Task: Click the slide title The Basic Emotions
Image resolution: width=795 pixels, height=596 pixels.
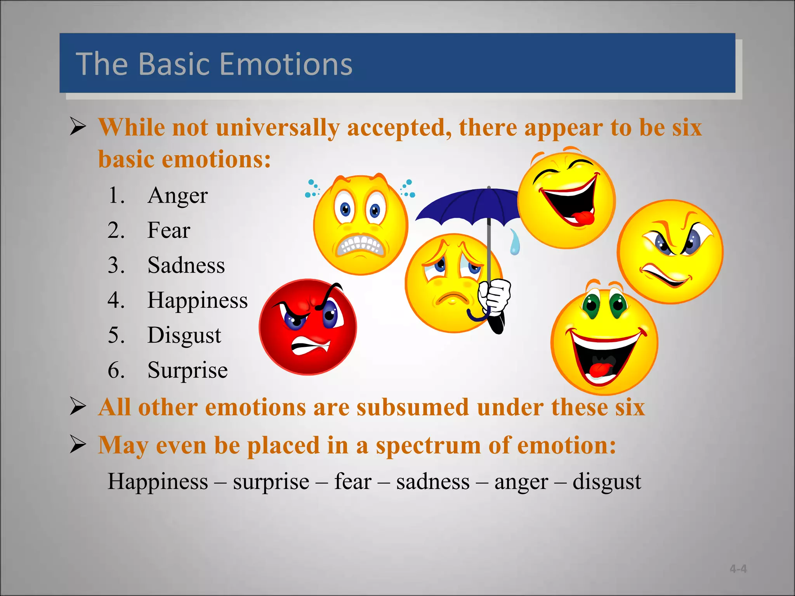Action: (x=214, y=64)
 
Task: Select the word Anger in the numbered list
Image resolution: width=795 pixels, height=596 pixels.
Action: (x=177, y=195)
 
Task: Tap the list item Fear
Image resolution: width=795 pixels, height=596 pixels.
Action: (x=168, y=230)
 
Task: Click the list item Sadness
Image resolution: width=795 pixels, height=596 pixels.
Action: (x=186, y=265)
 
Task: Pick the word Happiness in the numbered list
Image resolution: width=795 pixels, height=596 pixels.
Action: (x=197, y=300)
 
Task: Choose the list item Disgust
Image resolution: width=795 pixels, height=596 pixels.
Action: (x=184, y=335)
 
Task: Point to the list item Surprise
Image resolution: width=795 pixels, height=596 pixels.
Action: (x=187, y=370)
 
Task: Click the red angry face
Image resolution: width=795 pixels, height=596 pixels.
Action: (x=307, y=327)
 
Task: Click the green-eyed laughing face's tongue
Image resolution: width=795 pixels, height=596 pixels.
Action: (x=601, y=369)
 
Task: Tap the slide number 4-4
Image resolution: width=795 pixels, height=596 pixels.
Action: (x=738, y=569)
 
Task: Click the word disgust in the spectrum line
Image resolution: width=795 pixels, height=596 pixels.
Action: (x=607, y=482)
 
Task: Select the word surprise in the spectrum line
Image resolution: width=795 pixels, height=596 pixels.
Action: (x=271, y=482)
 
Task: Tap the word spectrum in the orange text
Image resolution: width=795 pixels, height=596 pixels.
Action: (x=428, y=445)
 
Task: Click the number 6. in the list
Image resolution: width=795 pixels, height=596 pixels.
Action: (x=116, y=370)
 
